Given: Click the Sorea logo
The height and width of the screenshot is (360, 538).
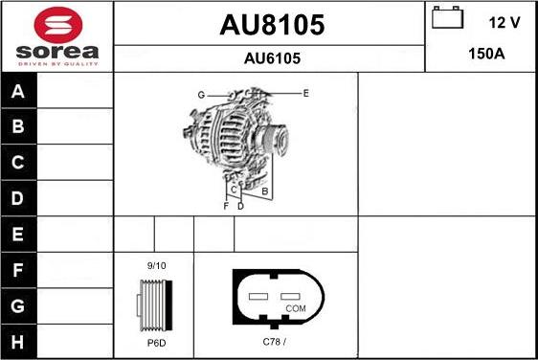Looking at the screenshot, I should coord(56,36).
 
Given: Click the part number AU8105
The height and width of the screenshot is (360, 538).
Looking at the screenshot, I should coord(271,24).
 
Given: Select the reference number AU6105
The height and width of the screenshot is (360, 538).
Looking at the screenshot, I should coord(271,58).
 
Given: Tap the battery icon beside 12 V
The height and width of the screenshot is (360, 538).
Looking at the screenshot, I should coord(446,19).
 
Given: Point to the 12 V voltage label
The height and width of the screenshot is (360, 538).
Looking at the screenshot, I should coord(504,20).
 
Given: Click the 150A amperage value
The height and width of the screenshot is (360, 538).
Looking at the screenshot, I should coord(485,54).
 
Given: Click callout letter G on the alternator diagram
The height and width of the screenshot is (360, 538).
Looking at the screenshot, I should coord(202,95).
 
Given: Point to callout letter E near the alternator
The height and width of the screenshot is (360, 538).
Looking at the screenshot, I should coord(305,93).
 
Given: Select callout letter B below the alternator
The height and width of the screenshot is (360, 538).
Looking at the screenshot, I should coord(265,191).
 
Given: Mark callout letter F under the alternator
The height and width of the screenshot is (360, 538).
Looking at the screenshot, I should coord(226,206).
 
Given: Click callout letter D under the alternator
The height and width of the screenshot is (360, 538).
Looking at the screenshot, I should coord(240,206).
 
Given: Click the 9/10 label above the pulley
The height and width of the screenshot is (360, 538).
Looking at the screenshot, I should coord(155,265).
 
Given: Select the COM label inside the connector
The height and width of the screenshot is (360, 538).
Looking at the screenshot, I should coord(296,308).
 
